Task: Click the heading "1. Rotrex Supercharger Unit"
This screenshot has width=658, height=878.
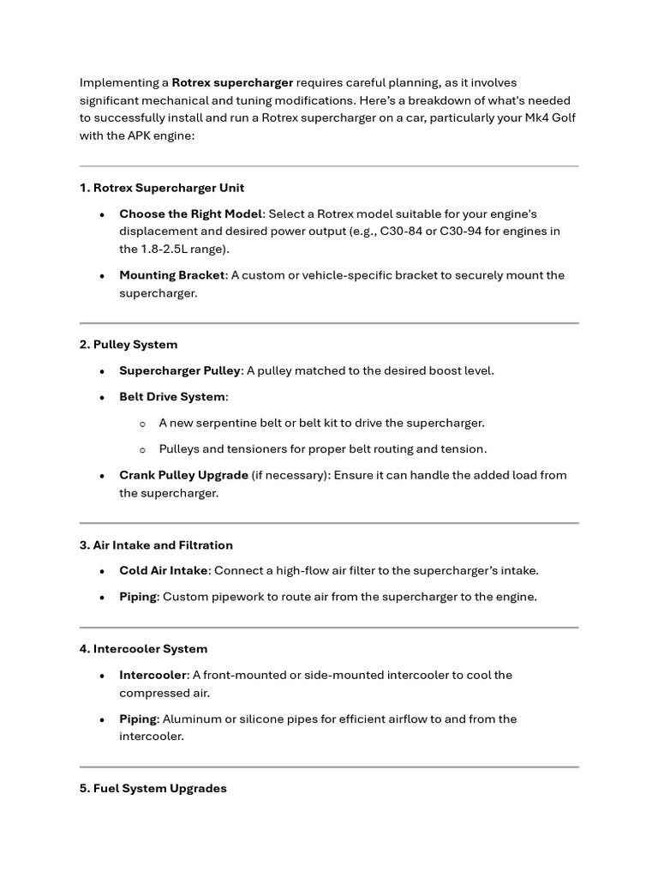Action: pos(162,188)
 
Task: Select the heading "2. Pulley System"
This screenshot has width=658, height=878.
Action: pos(129,345)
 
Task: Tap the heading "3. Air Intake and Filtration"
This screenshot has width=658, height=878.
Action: pos(156,545)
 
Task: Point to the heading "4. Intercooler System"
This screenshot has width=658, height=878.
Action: pos(143,649)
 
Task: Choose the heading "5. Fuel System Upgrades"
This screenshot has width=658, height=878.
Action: pos(153,788)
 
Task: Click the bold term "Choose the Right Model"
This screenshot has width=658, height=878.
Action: pos(190,213)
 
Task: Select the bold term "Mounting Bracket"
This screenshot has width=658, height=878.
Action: pos(171,275)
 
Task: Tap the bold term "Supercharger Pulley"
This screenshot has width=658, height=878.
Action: pos(180,370)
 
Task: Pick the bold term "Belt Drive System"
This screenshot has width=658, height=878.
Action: pos(172,397)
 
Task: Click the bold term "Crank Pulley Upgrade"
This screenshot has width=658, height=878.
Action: pos(183,475)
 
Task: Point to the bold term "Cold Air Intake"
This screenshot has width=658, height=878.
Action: pos(164,571)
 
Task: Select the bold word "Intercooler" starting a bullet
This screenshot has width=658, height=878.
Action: pos(153,676)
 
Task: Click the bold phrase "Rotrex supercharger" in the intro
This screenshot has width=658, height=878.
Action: pos(232,83)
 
